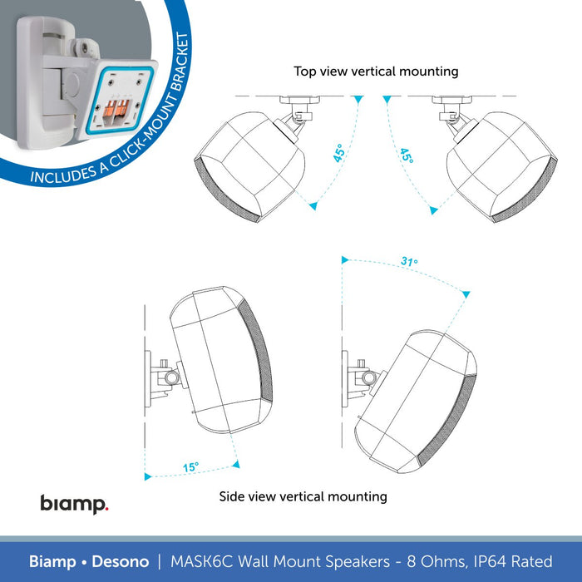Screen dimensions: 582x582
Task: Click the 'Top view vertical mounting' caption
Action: point(376,72)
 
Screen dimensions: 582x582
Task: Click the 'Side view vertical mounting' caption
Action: point(303,496)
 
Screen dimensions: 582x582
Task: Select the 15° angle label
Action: point(190,467)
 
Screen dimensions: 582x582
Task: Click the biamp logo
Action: point(74,503)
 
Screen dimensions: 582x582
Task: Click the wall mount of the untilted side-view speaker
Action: point(157,379)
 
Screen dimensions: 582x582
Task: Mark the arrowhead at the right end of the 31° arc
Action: point(466,293)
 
